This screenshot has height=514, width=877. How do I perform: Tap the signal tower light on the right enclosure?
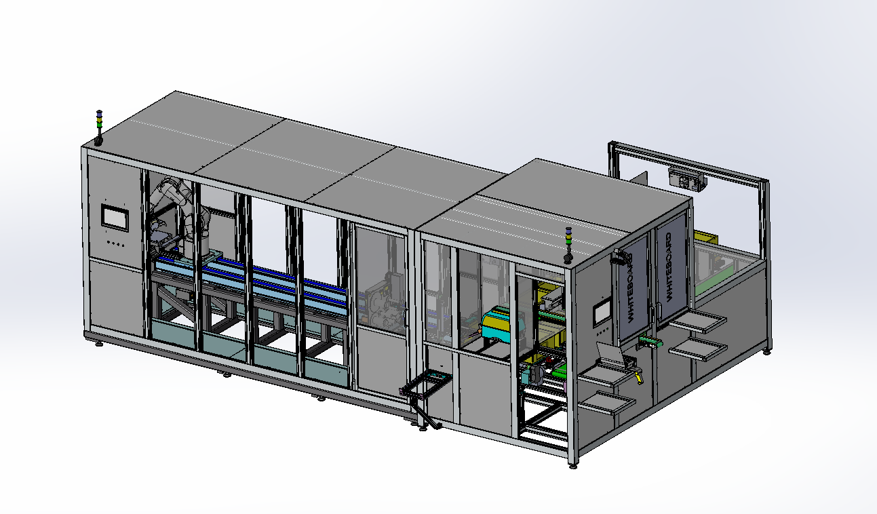[568, 245]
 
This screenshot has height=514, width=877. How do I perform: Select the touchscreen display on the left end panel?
[115, 217]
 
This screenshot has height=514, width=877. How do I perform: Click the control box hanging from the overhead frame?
[686, 180]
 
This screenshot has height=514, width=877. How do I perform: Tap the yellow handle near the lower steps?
[639, 378]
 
